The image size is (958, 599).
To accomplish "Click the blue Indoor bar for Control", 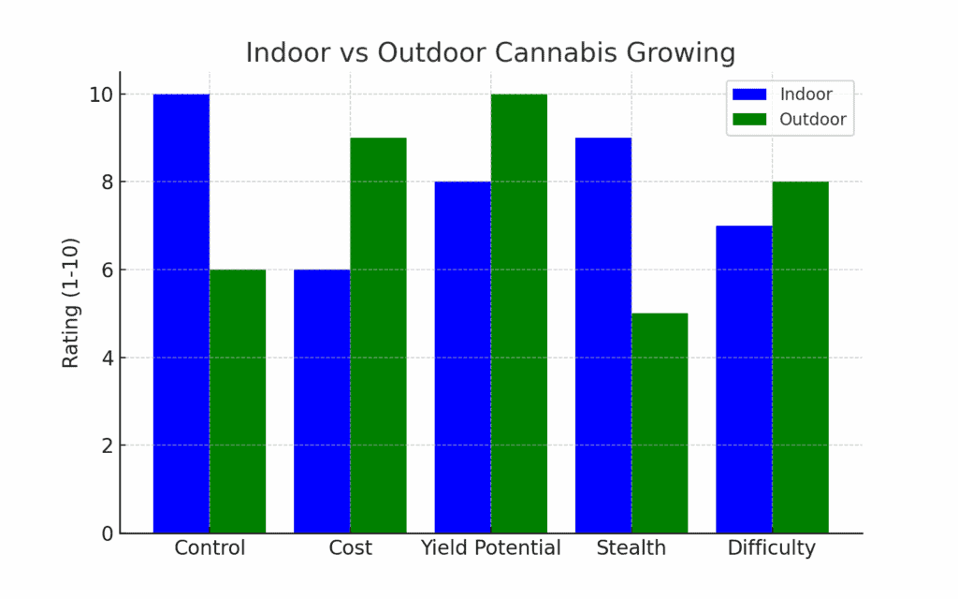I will click(181, 314).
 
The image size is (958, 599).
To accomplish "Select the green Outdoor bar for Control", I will click(238, 402).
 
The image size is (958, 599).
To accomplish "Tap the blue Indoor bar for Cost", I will click(322, 402).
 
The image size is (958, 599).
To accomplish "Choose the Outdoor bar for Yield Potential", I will click(519, 314).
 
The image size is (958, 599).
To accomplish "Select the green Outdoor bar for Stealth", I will click(660, 423).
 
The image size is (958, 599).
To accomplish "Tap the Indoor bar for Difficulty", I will click(744, 379).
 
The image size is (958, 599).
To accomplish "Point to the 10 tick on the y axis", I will click(102, 95).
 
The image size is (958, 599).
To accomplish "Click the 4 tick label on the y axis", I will click(108, 358).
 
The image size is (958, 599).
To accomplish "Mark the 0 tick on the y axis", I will click(108, 533).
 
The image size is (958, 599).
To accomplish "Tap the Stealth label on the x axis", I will click(631, 548).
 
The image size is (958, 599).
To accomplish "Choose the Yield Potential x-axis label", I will click(491, 548).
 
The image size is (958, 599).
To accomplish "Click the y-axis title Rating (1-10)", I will click(71, 302).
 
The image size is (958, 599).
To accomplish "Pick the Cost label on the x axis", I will click(350, 548).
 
